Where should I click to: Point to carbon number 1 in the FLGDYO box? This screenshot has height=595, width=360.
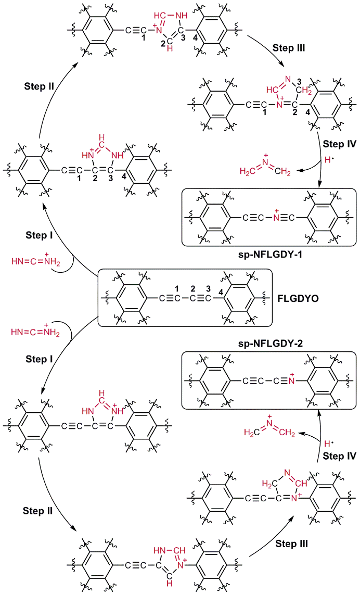click(x=177, y=288)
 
